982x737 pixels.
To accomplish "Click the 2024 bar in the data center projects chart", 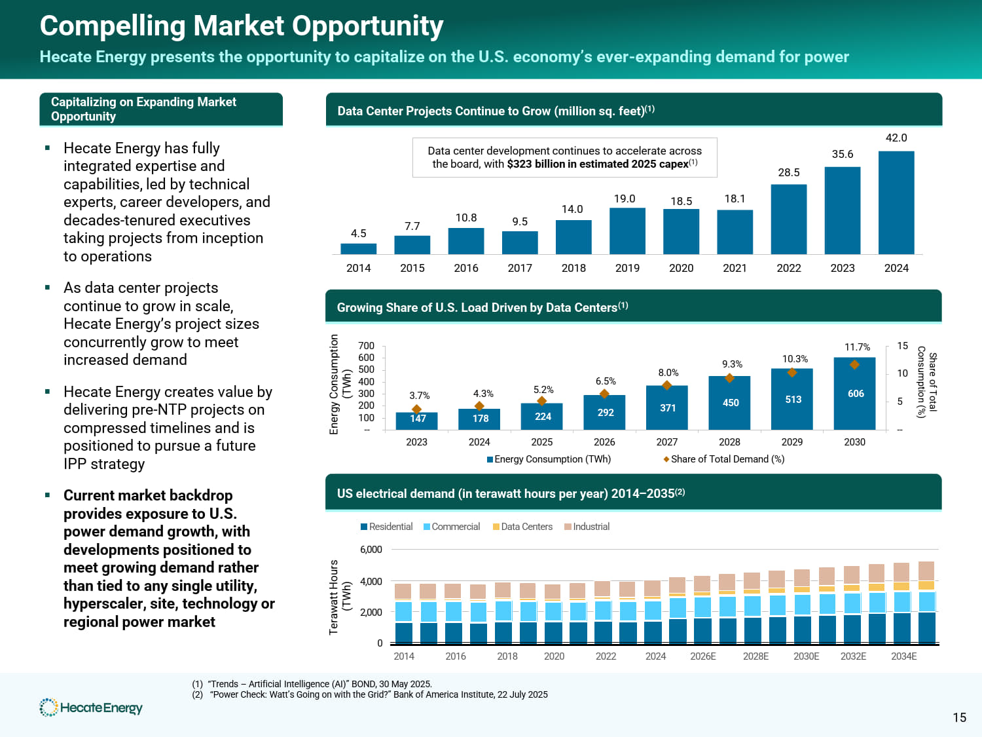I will tap(896, 202).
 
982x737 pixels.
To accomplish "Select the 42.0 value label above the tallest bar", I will tap(896, 138).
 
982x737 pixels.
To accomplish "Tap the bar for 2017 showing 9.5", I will tap(520, 242).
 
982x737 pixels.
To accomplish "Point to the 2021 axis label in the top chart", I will tap(735, 268).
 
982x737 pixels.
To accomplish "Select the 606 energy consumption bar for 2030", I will tap(854, 394).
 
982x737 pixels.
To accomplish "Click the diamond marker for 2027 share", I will tap(667, 385).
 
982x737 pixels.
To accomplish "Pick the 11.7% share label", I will tap(857, 347).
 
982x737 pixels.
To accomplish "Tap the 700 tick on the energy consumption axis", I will tap(367, 345).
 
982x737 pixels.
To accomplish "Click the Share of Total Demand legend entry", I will tap(724, 459).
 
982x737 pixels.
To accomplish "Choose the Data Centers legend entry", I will tap(523, 527).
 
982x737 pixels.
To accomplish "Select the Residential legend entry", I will tap(387, 527).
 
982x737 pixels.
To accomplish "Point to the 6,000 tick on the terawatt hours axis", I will tap(371, 550).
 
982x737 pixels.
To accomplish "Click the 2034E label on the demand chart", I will tap(903, 656).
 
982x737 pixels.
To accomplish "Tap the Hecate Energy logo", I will tap(91, 708).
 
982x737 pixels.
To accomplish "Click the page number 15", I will tap(959, 718).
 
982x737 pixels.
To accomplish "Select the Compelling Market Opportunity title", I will tap(242, 26).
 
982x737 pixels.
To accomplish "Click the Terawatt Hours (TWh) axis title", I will tap(340, 597).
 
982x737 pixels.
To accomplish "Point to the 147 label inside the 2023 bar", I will tap(418, 419).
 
